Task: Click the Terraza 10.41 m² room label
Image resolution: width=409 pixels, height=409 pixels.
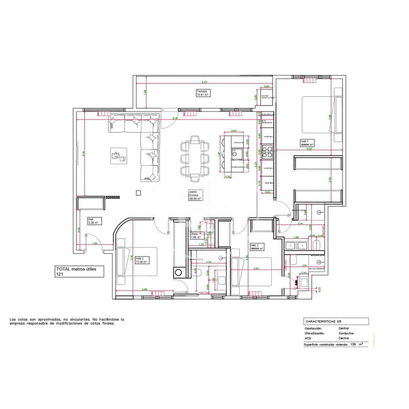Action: [x=203, y=93]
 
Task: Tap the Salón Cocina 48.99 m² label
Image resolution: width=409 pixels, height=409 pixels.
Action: [x=195, y=195]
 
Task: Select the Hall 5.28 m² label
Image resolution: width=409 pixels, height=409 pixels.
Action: [x=93, y=221]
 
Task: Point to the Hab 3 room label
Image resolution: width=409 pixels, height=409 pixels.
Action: [x=141, y=260]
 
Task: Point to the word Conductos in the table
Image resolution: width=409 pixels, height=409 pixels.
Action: [x=346, y=333]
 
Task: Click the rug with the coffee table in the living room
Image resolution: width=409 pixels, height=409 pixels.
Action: [x=119, y=156]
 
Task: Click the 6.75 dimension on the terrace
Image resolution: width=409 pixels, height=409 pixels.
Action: [x=204, y=82]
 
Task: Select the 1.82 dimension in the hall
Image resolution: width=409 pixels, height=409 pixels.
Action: [x=95, y=243]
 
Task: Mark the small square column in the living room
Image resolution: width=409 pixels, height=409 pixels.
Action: [x=138, y=193]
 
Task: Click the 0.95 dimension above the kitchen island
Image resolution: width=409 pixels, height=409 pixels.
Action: [x=234, y=131]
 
